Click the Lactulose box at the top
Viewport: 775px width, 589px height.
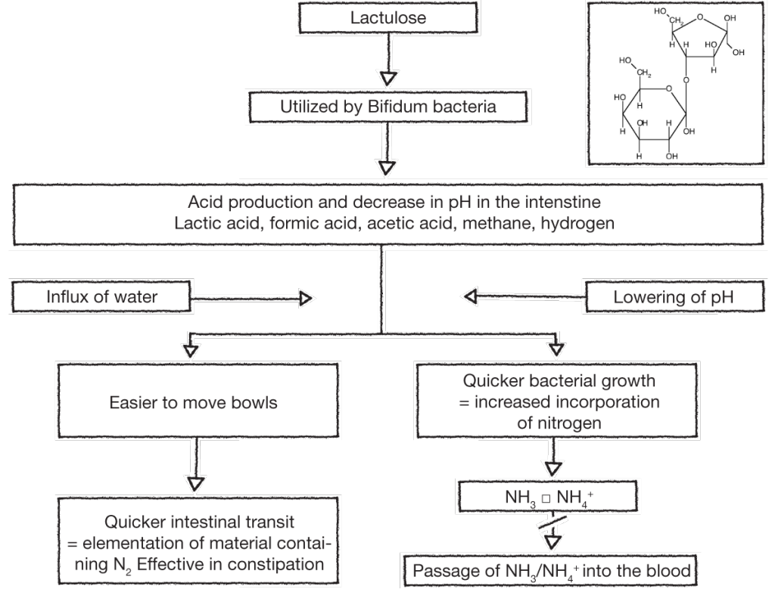(x=387, y=17)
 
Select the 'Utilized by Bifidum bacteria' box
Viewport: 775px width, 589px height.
(x=387, y=107)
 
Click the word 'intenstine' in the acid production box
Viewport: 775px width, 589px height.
(x=555, y=203)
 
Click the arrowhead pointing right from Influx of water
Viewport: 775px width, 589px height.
(x=305, y=299)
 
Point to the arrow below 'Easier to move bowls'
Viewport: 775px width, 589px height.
(x=194, y=464)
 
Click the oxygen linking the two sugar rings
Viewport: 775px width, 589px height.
(x=685, y=79)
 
